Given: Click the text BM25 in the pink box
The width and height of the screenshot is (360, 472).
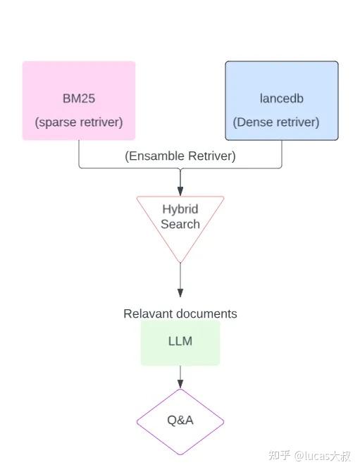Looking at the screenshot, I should (78, 99).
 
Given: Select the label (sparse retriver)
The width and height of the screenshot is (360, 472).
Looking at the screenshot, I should (78, 122).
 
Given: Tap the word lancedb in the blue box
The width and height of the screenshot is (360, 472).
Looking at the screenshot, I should (281, 99).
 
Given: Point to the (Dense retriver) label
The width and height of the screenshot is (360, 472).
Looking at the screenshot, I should (276, 122).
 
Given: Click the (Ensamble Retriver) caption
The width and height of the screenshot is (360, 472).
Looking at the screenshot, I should (180, 156).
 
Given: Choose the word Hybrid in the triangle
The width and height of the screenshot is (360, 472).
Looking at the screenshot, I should (180, 209).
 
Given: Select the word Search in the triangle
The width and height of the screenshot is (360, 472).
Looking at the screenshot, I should (180, 224).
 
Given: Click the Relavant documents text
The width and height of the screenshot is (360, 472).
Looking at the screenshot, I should (180, 313).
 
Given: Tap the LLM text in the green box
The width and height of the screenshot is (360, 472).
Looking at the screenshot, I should (180, 342).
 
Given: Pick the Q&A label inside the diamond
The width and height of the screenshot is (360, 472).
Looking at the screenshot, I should (180, 420).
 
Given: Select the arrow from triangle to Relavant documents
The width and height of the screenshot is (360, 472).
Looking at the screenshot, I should (180, 282).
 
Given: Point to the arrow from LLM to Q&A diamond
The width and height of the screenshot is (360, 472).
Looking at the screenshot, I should (180, 377).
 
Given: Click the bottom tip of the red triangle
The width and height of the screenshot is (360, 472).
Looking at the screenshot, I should (180, 262).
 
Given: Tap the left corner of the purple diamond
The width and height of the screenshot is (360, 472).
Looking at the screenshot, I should (137, 422).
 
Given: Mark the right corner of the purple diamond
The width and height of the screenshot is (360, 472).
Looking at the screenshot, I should (223, 422).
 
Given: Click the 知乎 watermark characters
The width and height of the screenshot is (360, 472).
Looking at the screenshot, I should (280, 456).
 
